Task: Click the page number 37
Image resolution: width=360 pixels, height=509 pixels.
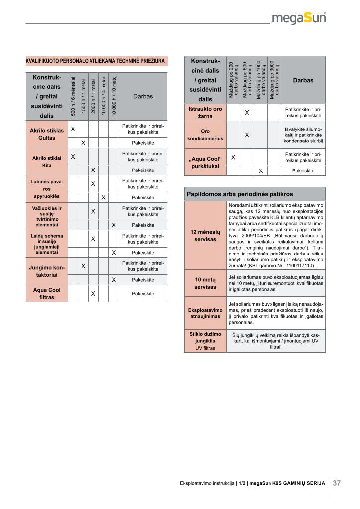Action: coord(337,482)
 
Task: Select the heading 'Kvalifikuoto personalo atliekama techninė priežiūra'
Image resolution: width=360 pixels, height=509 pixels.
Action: coord(96,61)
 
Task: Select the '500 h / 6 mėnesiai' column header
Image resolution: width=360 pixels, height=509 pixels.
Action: coord(73,96)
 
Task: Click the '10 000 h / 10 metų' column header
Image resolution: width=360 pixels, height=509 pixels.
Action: coord(114,96)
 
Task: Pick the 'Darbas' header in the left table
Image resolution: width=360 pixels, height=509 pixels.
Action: coord(143,96)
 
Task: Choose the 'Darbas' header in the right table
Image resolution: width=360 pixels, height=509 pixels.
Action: coord(303,80)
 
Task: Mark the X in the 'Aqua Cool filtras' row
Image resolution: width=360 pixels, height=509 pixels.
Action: coord(93,294)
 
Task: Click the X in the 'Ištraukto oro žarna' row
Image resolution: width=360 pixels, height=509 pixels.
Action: coord(247,112)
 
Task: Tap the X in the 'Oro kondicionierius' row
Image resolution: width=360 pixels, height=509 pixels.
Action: coord(247,135)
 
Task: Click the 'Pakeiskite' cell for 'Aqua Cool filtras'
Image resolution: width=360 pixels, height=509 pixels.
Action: coord(143,294)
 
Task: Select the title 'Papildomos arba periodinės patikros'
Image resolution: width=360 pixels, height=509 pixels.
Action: coord(240,194)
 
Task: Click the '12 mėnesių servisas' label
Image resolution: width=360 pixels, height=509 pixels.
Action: coord(205,235)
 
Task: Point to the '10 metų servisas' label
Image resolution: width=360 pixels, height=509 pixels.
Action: coord(205,283)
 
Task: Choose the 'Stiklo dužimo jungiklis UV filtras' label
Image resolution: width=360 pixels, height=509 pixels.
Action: coord(205,341)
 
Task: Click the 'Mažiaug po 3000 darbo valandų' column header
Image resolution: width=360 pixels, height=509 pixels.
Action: coord(274,80)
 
